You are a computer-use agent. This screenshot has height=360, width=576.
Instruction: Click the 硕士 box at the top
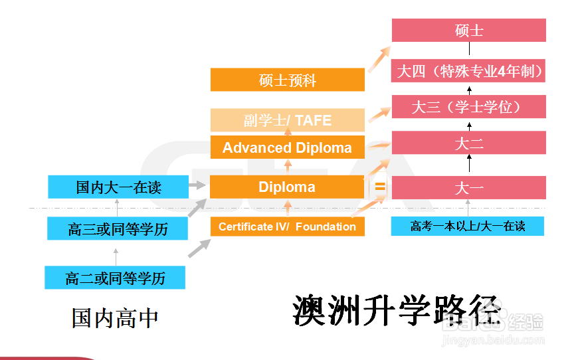click(468, 31)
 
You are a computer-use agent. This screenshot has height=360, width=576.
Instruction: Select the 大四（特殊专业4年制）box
click(468, 71)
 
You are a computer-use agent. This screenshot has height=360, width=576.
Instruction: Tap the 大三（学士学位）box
click(468, 107)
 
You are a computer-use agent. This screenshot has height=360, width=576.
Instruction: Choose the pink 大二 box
click(468, 143)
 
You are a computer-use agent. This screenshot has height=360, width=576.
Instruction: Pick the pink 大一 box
click(468, 187)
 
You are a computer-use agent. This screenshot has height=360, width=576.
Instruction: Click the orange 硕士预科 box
click(288, 80)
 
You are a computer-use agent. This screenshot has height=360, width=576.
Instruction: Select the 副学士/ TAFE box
click(288, 120)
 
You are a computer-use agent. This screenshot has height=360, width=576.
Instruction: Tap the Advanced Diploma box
click(288, 147)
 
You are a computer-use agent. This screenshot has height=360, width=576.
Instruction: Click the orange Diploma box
click(288, 187)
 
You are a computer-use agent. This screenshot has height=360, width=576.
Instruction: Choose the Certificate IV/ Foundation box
click(288, 226)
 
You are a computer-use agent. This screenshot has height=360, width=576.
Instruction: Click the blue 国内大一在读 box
click(118, 187)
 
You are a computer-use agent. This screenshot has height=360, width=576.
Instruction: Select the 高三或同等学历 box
click(118, 229)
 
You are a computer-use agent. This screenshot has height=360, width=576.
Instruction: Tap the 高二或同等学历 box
click(115, 278)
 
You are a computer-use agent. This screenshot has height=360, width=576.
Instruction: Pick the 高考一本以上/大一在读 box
click(468, 226)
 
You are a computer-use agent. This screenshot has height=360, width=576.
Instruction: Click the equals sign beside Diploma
click(380, 187)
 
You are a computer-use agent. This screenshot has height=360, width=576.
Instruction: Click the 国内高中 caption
click(115, 317)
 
